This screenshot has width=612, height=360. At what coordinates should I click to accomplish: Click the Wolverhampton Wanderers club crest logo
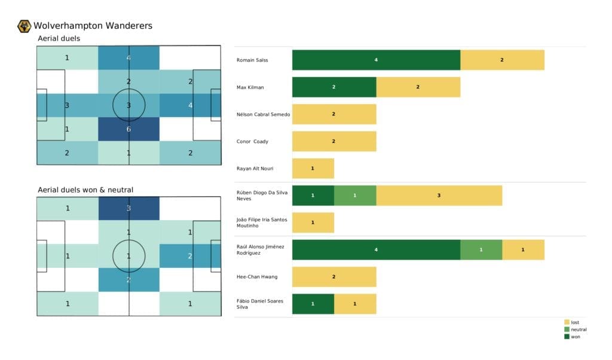point(25,26)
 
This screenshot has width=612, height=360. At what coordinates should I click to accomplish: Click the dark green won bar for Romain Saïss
point(376,60)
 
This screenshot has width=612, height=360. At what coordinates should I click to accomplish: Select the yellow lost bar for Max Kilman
point(418,87)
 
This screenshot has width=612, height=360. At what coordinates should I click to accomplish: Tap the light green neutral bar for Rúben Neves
point(355,196)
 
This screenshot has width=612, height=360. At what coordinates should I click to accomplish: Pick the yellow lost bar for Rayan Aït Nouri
point(313,169)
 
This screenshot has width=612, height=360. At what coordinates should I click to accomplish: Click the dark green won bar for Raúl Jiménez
point(376,250)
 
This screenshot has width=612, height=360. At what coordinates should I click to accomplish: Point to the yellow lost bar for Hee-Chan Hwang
point(333,277)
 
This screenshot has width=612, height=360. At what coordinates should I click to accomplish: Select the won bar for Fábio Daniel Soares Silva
point(313,304)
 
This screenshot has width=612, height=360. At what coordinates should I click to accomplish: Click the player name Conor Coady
point(253,142)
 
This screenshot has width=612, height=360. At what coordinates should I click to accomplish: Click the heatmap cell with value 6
point(128,129)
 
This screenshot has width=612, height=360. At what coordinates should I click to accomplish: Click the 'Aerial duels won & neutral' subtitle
point(85,190)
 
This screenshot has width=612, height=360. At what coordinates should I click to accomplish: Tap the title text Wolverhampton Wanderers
point(93,26)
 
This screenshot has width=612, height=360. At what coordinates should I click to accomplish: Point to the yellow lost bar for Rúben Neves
point(439,196)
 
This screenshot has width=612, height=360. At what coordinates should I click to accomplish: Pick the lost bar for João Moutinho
point(313,222)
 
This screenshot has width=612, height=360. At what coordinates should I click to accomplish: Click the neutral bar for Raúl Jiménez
point(481,250)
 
